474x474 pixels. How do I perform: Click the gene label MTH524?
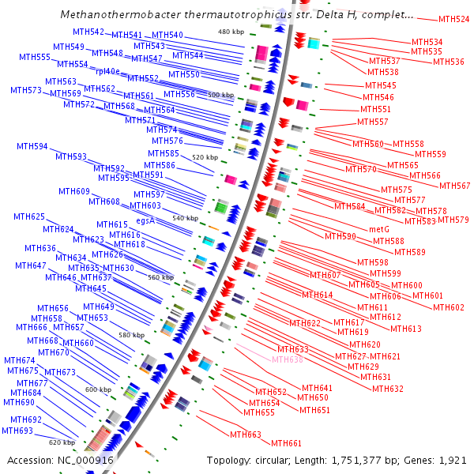[453, 19]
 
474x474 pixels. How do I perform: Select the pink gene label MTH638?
[288, 359]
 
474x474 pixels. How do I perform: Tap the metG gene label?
[379, 229]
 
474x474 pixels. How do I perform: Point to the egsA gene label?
[145, 221]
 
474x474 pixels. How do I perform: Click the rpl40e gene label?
[107, 71]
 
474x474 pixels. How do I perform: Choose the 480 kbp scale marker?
[232, 32]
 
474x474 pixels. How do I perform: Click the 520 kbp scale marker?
[204, 158]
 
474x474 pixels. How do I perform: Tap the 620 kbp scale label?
[62, 442]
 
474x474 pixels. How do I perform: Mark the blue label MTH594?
[32, 147]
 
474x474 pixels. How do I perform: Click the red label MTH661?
[287, 443]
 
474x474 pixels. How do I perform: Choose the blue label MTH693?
[17, 431]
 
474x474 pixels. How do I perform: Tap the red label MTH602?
[449, 307]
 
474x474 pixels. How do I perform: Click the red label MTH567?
[454, 186]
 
